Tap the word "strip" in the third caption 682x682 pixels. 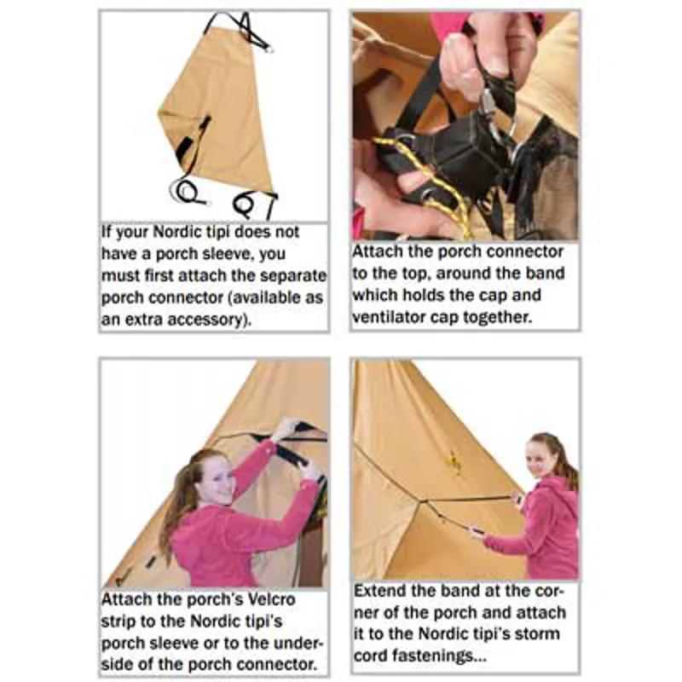point(121,621)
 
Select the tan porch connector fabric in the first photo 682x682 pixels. point(213,111)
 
